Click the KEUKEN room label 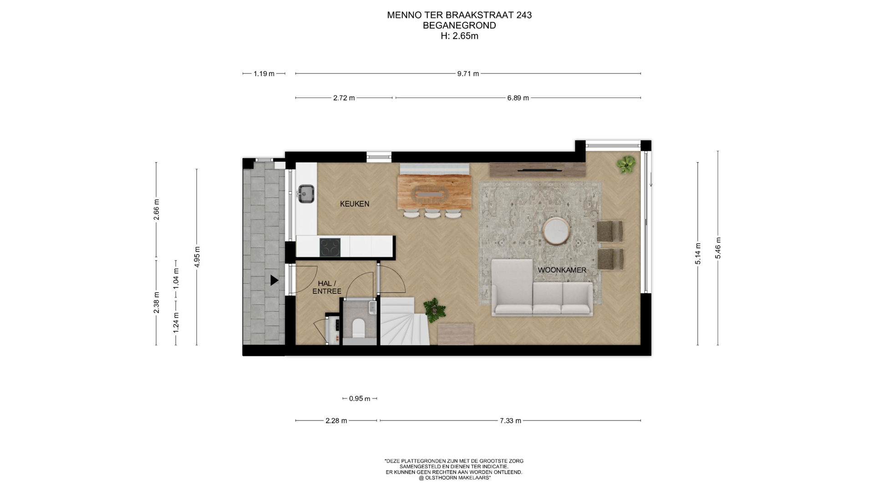coord(355,204)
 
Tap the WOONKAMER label coord(562,270)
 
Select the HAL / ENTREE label coord(327,287)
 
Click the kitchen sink coord(306,194)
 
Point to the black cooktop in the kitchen coord(330,247)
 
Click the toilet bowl coord(359,328)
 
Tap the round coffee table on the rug coord(556,231)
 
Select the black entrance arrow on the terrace coord(274,280)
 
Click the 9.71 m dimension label coord(468,74)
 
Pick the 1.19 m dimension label coord(264,74)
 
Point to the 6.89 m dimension coord(518,98)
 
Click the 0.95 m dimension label coord(360,399)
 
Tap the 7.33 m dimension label coord(510,421)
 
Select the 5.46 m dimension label coord(718,248)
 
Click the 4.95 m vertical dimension coord(197,257)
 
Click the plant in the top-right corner coord(626,164)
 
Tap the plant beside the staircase coord(434,310)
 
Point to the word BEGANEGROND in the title coord(459,26)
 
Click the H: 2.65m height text coord(459,36)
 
